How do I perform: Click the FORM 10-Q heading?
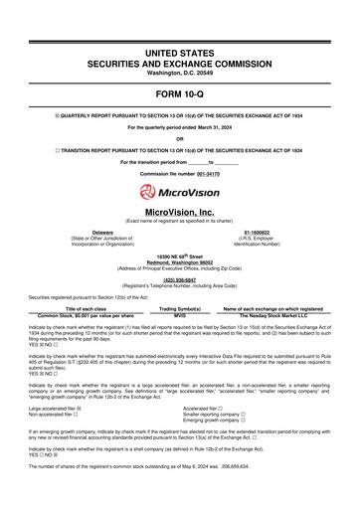(x=180, y=93)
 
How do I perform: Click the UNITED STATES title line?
(x=180, y=51)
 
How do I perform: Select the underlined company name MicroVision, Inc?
(x=180, y=212)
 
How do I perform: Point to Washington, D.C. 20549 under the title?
(x=180, y=74)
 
